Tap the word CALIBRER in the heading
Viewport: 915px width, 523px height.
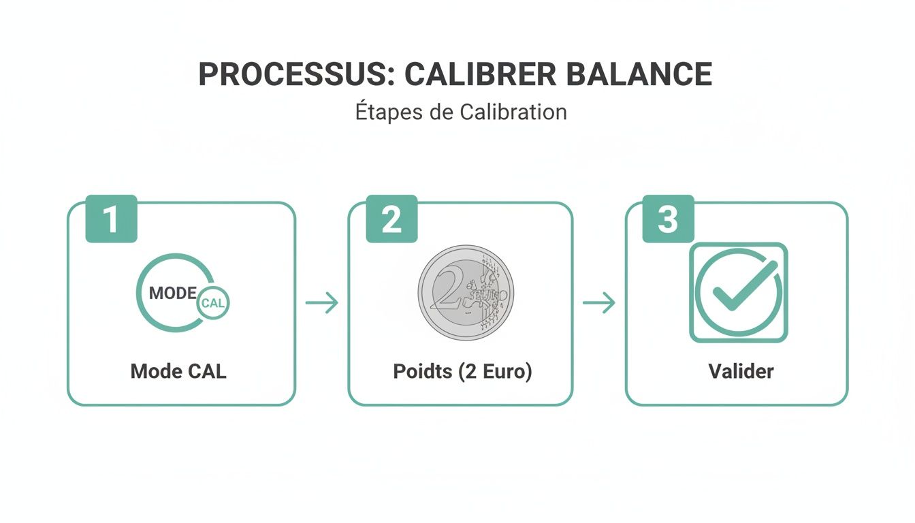479,75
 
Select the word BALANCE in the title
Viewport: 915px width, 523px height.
639,75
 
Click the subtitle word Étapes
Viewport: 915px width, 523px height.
386,111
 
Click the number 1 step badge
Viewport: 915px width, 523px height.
111,219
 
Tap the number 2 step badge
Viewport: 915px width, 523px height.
391,219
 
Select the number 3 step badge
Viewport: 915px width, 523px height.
668,219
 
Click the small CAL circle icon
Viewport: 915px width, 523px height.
213,304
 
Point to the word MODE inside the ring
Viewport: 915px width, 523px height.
173,294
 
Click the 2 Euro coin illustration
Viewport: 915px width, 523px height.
466,293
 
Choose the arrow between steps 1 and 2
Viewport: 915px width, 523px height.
321,303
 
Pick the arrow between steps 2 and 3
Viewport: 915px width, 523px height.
599,303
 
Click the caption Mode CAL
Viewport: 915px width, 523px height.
178,371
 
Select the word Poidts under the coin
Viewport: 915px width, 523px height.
422,371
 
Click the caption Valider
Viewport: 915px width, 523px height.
741,371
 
